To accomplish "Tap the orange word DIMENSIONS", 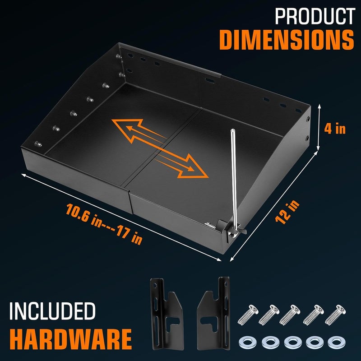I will tap(286, 40).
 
